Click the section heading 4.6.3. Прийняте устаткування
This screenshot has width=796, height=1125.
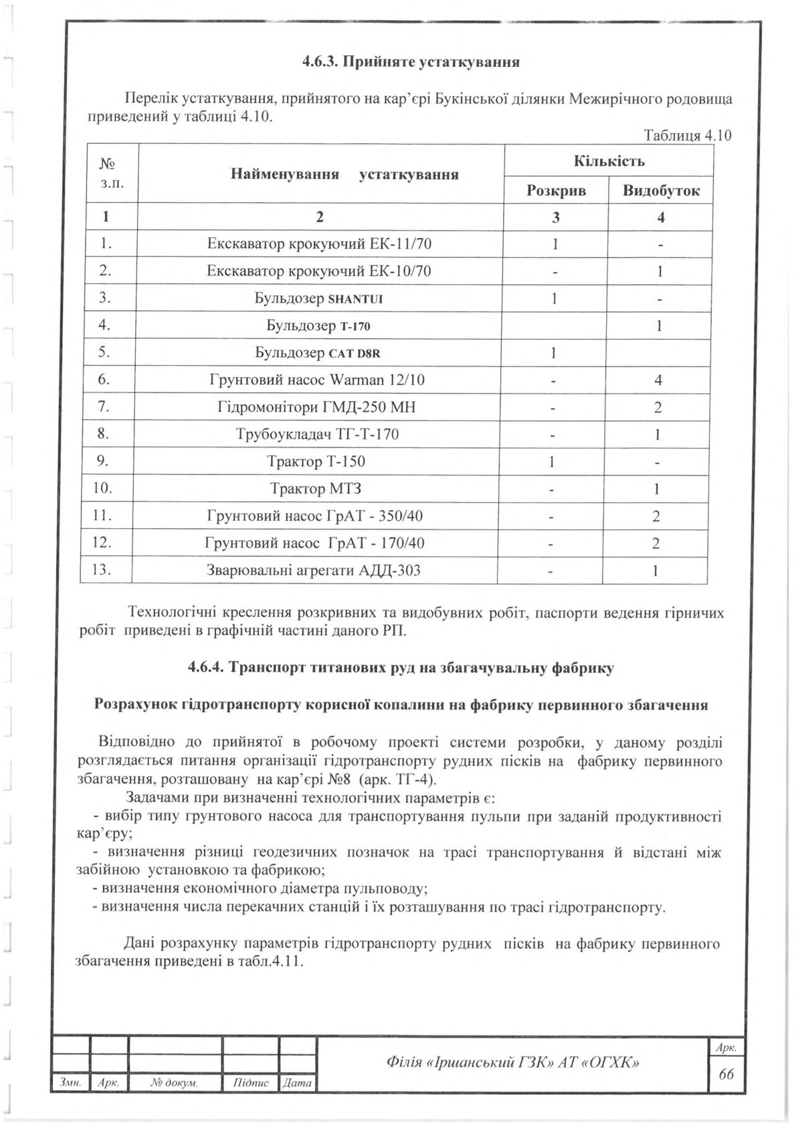click(411, 63)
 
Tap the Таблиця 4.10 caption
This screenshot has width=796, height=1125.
click(687, 136)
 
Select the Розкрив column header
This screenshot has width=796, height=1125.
click(556, 191)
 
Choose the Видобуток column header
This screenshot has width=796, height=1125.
click(661, 191)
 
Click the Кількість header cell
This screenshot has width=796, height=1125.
click(609, 161)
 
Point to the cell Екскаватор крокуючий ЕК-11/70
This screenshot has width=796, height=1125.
click(319, 244)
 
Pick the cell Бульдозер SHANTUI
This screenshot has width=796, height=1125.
click(319, 298)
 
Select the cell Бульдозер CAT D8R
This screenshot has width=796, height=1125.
click(319, 352)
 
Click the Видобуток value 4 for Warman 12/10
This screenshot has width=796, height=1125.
click(659, 380)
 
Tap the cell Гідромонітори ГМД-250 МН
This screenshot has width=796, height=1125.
click(319, 407)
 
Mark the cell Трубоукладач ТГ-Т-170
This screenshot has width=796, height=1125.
click(319, 434)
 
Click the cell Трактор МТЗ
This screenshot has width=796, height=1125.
click(316, 489)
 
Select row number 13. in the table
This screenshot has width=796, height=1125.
click(104, 570)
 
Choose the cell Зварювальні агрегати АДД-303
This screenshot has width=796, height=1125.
click(314, 570)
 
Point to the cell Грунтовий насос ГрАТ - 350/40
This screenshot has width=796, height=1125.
click(314, 516)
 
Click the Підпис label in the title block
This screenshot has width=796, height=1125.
click(252, 1101)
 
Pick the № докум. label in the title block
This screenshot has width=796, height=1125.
click(175, 1101)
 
